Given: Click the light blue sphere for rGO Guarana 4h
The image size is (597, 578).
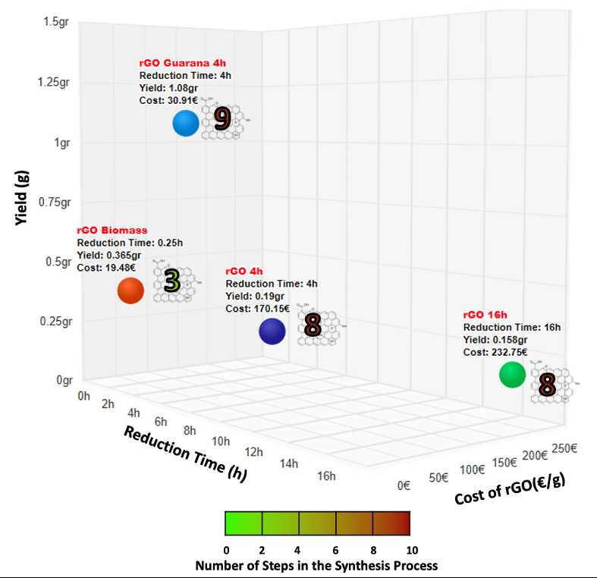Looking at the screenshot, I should [186, 123].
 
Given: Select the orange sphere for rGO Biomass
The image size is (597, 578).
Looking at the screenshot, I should [130, 291].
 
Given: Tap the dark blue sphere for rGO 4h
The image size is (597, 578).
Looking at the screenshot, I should [272, 331].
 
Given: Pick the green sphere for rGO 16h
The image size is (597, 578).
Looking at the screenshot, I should [512, 375].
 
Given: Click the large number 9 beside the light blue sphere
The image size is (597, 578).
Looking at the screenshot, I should [222, 119].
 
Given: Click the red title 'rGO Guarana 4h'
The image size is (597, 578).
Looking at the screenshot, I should [177, 64].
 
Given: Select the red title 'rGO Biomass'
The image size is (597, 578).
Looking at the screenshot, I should [112, 230].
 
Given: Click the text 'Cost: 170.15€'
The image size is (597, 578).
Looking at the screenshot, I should [258, 308].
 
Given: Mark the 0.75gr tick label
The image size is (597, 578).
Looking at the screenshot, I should [55, 202].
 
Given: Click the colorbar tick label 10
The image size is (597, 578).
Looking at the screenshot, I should [410, 549].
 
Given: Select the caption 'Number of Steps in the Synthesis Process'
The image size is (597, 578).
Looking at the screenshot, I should [316, 566].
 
